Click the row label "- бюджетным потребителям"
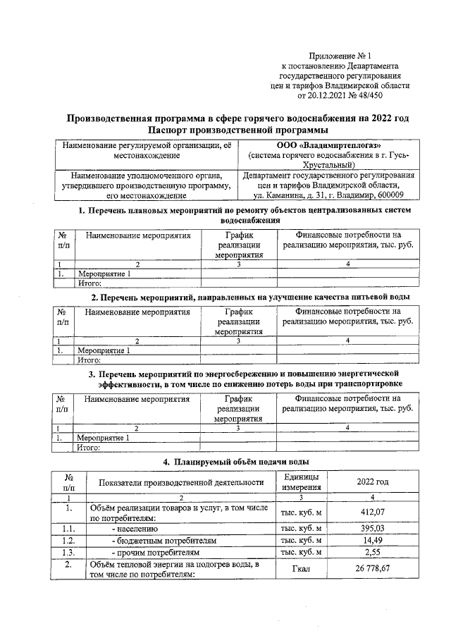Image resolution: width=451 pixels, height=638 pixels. (x=163, y=540)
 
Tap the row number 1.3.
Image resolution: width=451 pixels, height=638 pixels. (x=68, y=552)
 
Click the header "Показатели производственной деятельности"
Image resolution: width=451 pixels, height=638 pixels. (x=180, y=481)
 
